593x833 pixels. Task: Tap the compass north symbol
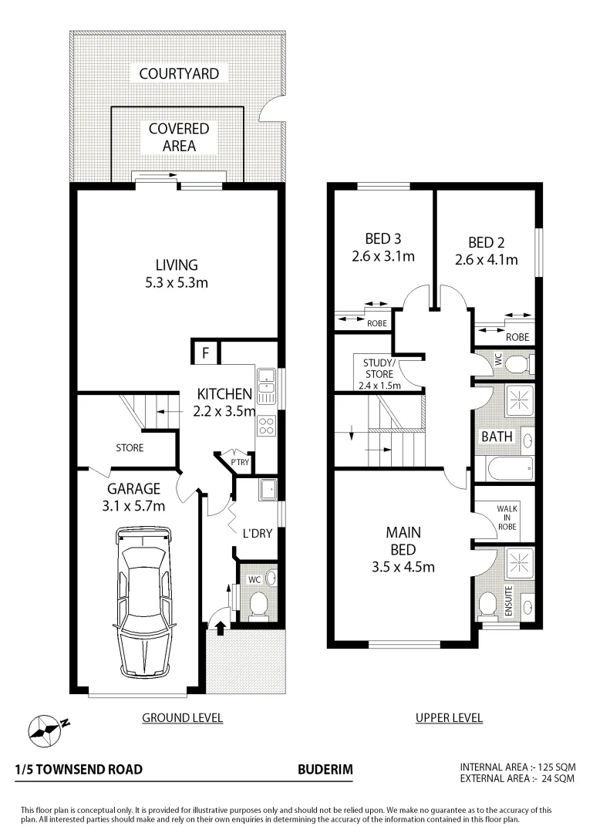pos(45,727)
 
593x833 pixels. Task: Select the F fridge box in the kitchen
pos(205,354)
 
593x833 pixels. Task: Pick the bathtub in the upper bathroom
pos(504,467)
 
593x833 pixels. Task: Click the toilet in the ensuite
pos(487,605)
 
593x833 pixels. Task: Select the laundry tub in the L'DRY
pos(267,489)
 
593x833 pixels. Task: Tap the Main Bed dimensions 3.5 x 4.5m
pos(403,568)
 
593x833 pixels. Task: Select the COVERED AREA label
pos(179,137)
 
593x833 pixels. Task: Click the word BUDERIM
pos(325,769)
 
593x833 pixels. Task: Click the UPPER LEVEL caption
pos(449,718)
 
